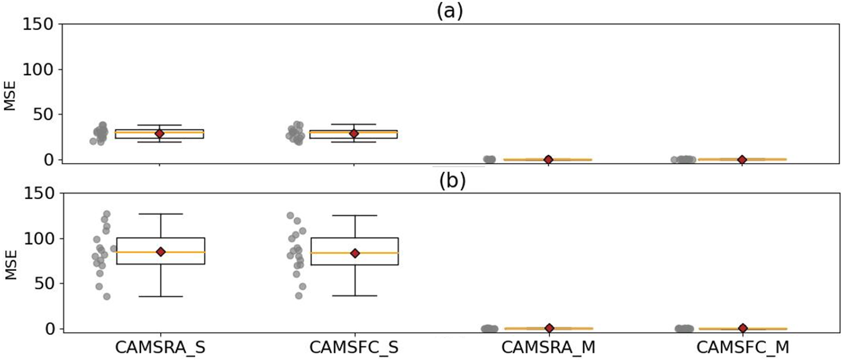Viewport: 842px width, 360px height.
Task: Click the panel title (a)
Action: pyautogui.click(x=450, y=11)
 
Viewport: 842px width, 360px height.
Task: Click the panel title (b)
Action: pyautogui.click(x=452, y=180)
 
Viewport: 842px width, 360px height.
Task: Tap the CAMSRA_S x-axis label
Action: pyautogui.click(x=160, y=347)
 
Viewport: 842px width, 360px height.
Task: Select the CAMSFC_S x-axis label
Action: pyautogui.click(x=354, y=347)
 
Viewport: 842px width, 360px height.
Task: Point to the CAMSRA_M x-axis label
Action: pyautogui.click(x=548, y=347)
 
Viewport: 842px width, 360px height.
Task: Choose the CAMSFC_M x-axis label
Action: pyautogui.click(x=743, y=347)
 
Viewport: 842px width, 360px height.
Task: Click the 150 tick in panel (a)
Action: pyautogui.click(x=38, y=24)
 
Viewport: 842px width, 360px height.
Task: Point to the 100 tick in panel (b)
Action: pyautogui.click(x=38, y=239)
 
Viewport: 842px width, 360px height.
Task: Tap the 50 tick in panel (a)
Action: pyautogui.click(x=43, y=114)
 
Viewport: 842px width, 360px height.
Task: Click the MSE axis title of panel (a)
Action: pyautogui.click(x=10, y=96)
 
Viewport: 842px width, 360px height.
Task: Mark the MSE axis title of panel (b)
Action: pyautogui.click(x=10, y=264)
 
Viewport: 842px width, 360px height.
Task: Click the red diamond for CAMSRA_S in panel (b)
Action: pyautogui.click(x=161, y=252)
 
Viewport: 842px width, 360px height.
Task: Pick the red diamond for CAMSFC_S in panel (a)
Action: pyautogui.click(x=354, y=133)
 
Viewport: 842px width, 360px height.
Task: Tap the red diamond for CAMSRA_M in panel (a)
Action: pyautogui.click(x=548, y=159)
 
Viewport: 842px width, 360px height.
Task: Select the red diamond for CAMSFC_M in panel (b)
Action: pyautogui.click(x=742, y=328)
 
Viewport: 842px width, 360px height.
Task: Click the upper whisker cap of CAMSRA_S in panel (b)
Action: pyautogui.click(x=161, y=214)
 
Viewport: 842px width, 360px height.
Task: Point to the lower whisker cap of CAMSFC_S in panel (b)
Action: pyautogui.click(x=355, y=296)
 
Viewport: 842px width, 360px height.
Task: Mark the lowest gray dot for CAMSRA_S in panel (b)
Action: pyautogui.click(x=107, y=297)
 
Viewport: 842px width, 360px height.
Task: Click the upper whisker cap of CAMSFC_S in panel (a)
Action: pyautogui.click(x=354, y=125)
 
